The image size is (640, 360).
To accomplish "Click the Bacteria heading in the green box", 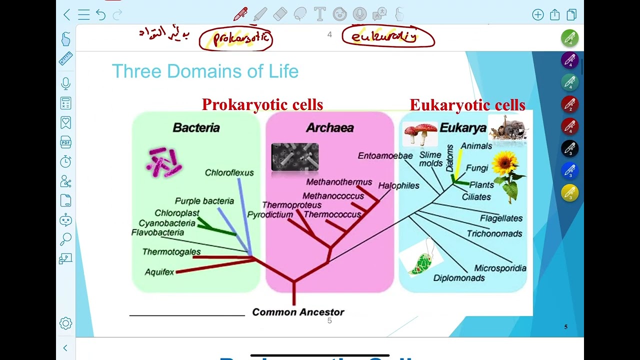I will (196, 127).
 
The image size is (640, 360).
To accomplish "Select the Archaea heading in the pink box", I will (329, 127).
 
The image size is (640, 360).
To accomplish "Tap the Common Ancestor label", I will (298, 312).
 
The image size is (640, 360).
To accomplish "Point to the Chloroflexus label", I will (229, 172).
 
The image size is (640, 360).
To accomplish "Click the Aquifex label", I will (159, 272).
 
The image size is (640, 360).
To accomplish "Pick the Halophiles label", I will (398, 185).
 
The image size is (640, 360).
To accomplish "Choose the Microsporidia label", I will (500, 268).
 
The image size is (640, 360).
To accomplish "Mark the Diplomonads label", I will (459, 278).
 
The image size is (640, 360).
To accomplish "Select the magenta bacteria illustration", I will (164, 162).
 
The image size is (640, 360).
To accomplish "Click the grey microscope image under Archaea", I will (294, 157).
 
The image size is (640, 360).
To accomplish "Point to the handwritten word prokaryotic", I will (235, 38).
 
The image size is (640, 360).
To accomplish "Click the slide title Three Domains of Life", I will (205, 71).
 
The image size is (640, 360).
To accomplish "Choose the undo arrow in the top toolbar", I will (101, 15).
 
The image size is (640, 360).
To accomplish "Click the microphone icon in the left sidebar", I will (65, 83).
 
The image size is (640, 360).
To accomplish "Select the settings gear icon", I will (65, 323).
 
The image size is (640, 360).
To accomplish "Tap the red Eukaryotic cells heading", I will (467, 105).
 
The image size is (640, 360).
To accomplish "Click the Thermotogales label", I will (171, 252).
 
